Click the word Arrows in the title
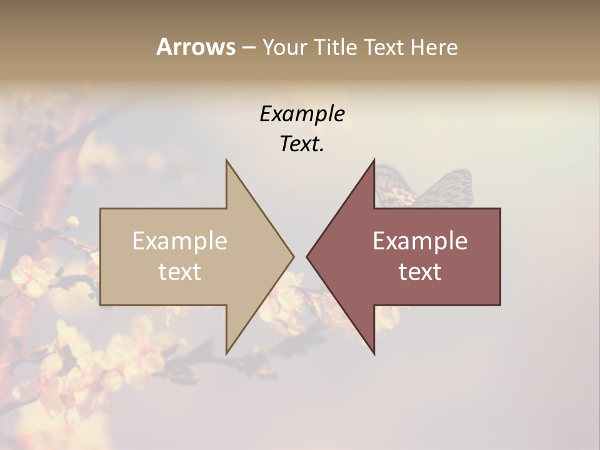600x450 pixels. [196, 47]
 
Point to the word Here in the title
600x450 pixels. [434, 47]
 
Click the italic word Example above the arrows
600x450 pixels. [302, 114]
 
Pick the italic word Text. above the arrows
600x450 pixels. [302, 144]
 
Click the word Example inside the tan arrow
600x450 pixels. [180, 241]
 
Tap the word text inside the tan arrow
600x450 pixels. [180, 272]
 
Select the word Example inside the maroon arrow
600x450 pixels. [420, 241]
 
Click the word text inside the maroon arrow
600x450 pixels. [420, 272]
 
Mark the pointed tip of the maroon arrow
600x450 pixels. [307, 256]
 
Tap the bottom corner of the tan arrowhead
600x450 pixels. [227, 352]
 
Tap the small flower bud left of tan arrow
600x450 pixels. [72, 221]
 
